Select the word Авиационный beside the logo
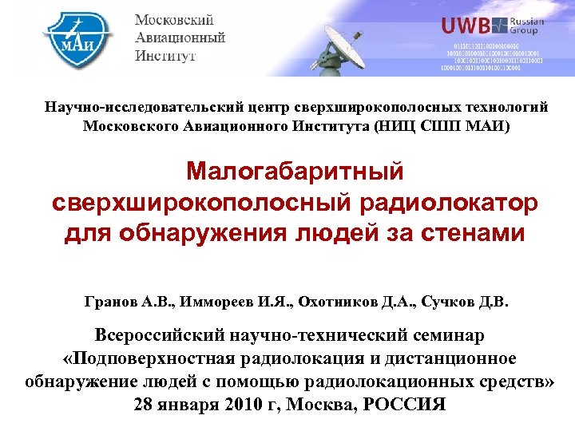(180, 38)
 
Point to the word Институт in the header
(165, 56)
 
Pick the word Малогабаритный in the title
(295, 171)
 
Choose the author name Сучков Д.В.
(464, 303)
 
